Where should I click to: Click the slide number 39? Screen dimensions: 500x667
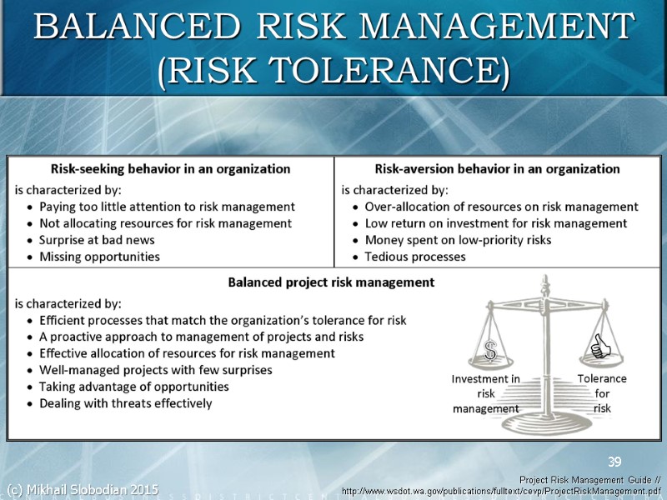pos(614,462)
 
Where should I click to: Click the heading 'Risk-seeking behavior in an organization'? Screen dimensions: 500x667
pos(171,168)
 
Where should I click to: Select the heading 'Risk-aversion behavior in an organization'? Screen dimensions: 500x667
pos(497,168)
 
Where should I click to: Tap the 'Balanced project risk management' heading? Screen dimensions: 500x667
pos(331,282)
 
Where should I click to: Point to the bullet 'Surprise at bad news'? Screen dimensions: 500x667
pos(97,240)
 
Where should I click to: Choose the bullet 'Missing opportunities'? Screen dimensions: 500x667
pos(99,257)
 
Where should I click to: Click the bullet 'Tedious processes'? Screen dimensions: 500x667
pos(415,257)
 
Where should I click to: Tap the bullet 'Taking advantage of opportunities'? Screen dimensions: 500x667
pos(133,387)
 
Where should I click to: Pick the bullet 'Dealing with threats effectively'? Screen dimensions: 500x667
pos(125,403)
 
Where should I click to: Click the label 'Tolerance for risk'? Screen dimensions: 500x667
pos(602,393)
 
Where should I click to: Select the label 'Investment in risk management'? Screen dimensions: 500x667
pos(485,393)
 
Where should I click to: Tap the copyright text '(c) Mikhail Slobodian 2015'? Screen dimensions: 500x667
pos(82,488)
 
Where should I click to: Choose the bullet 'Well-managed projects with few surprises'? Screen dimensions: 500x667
pos(156,370)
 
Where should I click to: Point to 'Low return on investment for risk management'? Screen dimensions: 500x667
pos(496,223)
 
